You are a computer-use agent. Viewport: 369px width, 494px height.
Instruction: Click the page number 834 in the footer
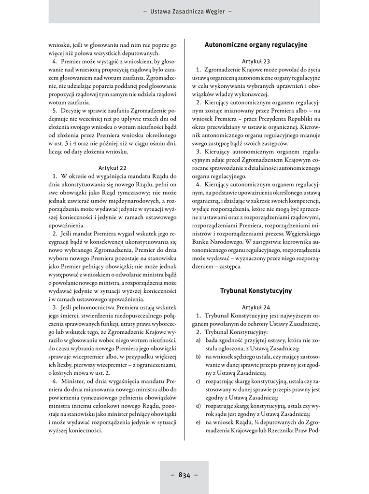point(184,475)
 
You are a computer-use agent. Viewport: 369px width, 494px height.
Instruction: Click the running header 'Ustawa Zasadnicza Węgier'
point(184,11)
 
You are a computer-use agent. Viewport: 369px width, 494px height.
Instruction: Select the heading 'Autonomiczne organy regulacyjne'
point(256,45)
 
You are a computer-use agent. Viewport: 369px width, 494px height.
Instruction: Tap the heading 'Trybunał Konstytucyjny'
point(256,291)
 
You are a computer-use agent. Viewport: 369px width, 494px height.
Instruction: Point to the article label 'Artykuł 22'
point(113,168)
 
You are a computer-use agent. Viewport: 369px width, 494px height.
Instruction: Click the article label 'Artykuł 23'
point(256,61)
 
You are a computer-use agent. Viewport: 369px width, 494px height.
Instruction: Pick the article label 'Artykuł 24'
point(256,307)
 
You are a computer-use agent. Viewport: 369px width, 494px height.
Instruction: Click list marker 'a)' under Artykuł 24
point(198,341)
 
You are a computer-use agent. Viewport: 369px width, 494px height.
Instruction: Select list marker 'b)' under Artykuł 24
point(198,357)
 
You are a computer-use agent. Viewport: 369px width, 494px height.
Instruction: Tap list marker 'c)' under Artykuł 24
point(198,382)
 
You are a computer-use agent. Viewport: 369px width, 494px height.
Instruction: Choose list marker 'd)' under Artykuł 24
point(198,406)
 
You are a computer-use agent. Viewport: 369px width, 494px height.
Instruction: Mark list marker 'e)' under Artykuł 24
point(198,423)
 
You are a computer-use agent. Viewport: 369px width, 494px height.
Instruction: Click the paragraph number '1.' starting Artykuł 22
point(56,176)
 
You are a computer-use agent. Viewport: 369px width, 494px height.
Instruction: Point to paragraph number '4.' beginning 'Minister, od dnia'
point(56,381)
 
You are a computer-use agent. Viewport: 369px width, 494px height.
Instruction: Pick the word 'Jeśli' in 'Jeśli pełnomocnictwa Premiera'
point(69,307)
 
